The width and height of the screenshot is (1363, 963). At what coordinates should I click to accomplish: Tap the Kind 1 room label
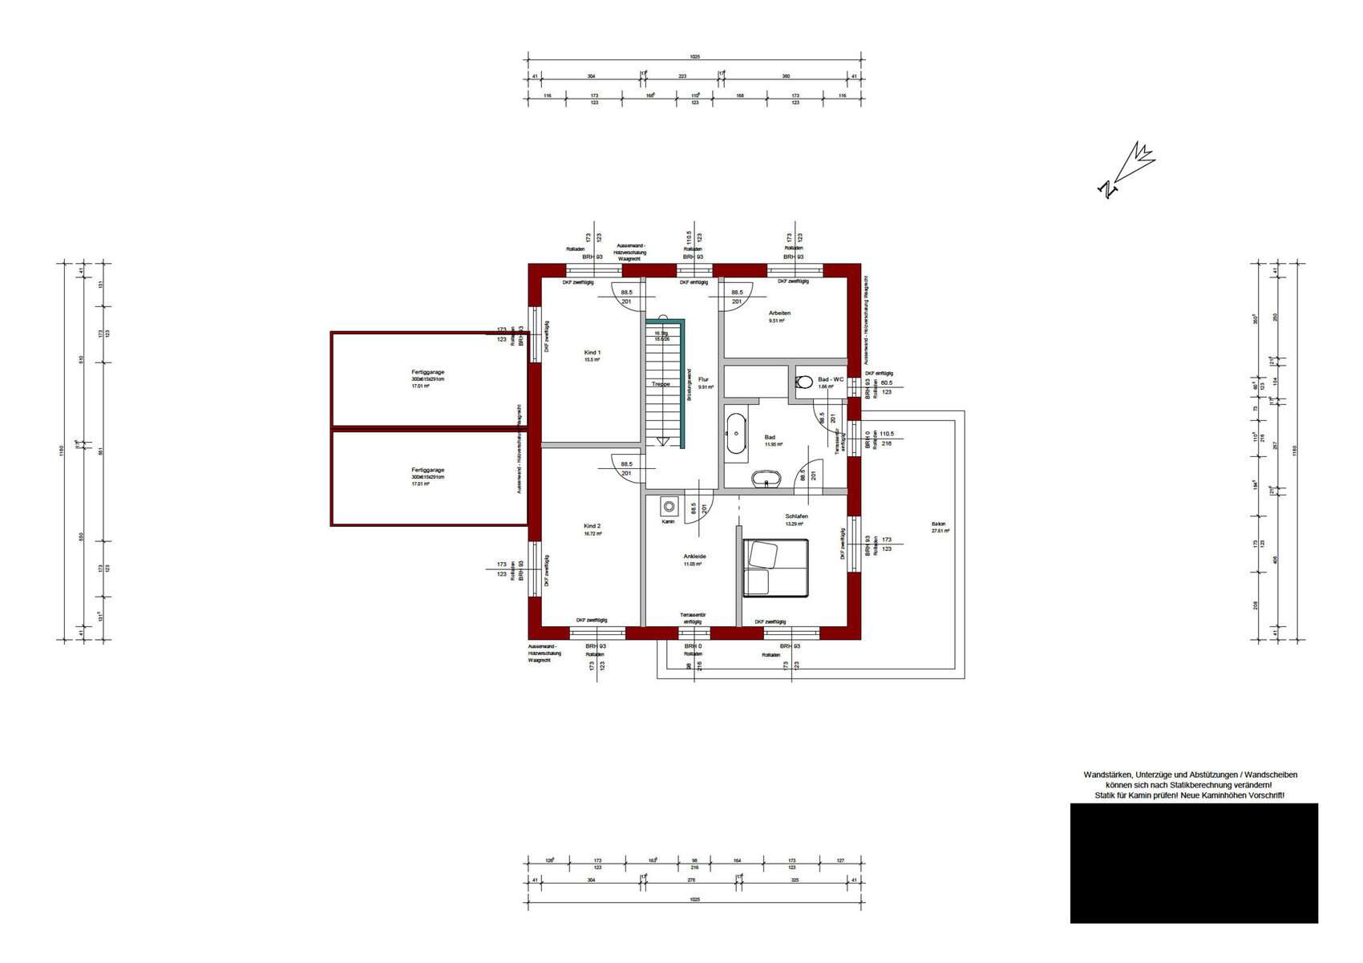click(592, 353)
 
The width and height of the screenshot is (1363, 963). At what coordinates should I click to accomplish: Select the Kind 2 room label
click(592, 527)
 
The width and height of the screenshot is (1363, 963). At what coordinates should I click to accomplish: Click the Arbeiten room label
click(779, 314)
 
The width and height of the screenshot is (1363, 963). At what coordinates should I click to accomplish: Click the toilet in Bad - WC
click(804, 382)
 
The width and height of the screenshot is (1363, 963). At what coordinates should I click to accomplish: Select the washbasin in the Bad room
click(766, 479)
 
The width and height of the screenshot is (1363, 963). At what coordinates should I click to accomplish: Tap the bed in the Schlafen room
click(775, 568)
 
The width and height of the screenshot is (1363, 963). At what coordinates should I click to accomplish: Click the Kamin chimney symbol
click(668, 506)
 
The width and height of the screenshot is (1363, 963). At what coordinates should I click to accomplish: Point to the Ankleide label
click(694, 556)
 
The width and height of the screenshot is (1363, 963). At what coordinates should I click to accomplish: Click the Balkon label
click(939, 525)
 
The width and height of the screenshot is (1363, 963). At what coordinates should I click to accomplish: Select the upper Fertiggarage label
click(427, 373)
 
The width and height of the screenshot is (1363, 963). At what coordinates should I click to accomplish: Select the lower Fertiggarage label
click(427, 471)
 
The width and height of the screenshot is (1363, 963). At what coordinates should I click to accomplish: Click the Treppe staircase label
click(661, 384)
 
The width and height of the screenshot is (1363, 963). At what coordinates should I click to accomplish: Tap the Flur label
click(703, 380)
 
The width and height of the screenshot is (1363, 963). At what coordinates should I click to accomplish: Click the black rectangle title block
click(1193, 863)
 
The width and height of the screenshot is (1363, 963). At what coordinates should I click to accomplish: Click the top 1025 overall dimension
click(694, 57)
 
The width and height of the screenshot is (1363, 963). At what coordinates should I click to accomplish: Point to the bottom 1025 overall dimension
click(694, 900)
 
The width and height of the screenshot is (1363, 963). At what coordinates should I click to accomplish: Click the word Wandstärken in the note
click(1106, 775)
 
